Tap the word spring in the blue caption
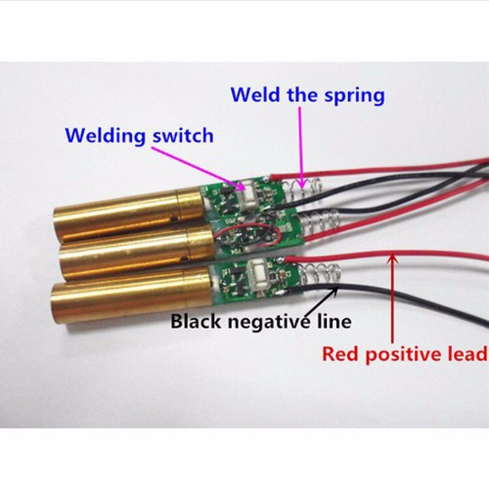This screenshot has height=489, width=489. click(x=354, y=96)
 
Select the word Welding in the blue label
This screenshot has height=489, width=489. click(x=106, y=136)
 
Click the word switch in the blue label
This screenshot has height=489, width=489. click(x=183, y=136)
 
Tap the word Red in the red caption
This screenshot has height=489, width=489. click(x=338, y=353)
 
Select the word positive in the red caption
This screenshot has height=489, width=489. click(x=401, y=355)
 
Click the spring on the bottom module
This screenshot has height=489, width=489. click(x=320, y=273)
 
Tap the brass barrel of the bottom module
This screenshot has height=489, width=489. click(x=132, y=293)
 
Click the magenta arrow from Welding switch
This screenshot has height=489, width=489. click(x=199, y=168)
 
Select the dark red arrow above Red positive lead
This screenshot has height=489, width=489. click(x=393, y=299)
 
